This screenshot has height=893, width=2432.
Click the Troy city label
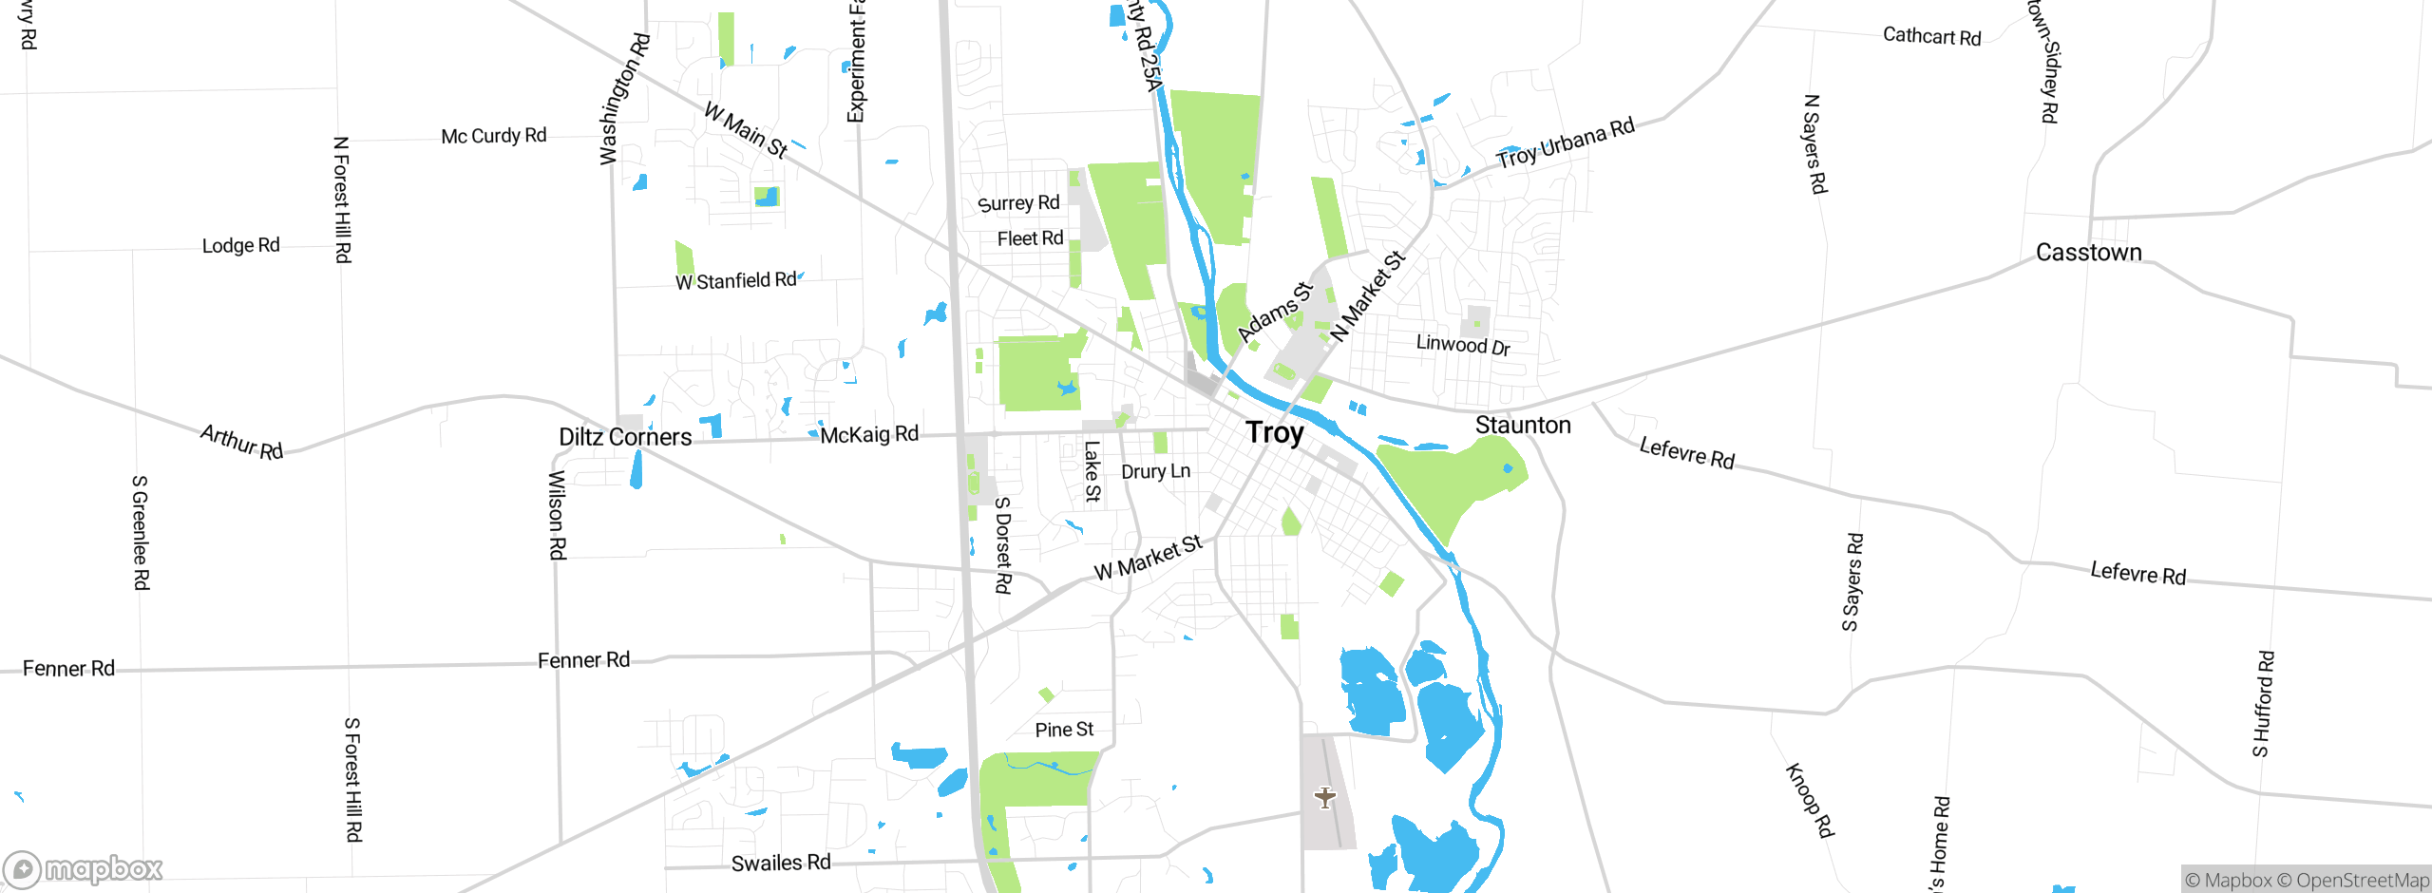tap(1275, 433)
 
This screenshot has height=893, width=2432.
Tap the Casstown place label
tap(2088, 253)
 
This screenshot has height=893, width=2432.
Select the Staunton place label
tap(1523, 426)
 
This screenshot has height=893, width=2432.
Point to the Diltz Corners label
tap(625, 437)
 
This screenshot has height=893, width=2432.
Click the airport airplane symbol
tap(1325, 797)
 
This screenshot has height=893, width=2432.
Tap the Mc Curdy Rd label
tap(494, 136)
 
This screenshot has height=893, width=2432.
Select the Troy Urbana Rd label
tap(1566, 142)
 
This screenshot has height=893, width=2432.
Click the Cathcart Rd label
tap(1931, 36)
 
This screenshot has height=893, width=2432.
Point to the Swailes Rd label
tap(781, 863)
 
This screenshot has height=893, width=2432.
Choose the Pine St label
tap(1064, 730)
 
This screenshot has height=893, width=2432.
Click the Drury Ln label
tap(1155, 471)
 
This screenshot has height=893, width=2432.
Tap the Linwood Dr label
tap(1463, 344)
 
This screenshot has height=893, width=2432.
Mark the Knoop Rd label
tap(1809, 801)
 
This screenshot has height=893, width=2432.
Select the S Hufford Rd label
tap(2263, 704)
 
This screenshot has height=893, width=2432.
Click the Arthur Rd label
tap(241, 442)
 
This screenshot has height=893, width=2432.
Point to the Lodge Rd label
tap(241, 246)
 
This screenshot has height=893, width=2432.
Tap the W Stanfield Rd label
tap(736, 281)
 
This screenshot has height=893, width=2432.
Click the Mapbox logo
tap(84, 868)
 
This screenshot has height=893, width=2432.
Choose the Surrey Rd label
tap(1018, 203)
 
